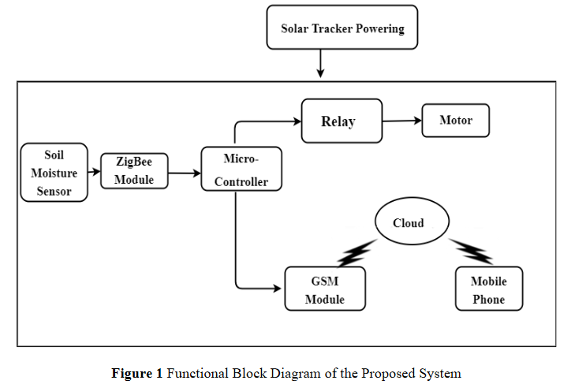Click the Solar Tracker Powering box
pos(342,29)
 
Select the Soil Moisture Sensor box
pos(54,173)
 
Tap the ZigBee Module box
pos(133,170)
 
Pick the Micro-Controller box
pos(241,170)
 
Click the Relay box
pos(341,121)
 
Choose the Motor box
pos(455,121)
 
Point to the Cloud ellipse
pos(409,222)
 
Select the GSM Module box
pos(324,290)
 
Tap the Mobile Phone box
pos(488,289)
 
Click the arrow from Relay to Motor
pos(402,121)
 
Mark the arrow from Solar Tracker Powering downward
pos(320,64)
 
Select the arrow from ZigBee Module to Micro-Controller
pos(183,171)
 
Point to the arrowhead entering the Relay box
pos(297,121)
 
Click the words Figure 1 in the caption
pos(137,373)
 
